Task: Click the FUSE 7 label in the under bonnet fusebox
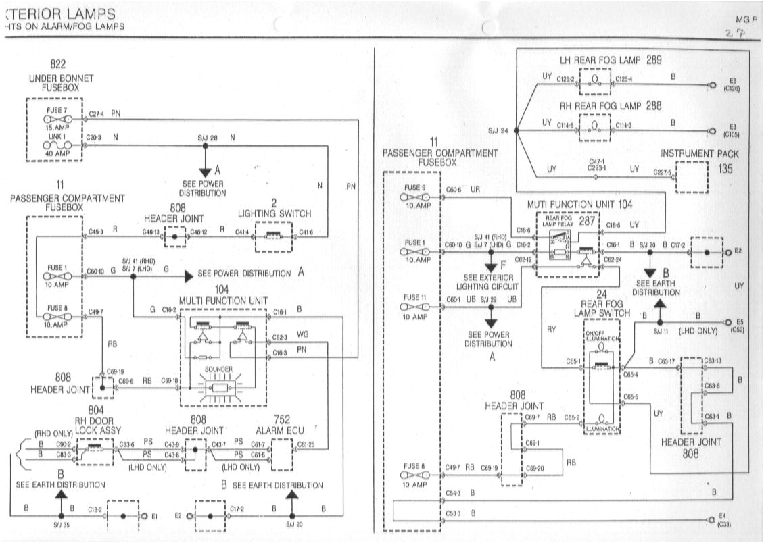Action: [x=56, y=109]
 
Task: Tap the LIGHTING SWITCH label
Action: [x=274, y=213]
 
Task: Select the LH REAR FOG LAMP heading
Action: [x=610, y=60]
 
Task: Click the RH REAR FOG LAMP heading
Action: [x=610, y=106]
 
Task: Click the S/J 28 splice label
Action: [x=208, y=138]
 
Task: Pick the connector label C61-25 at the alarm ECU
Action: [x=306, y=444]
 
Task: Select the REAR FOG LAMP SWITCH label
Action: [x=602, y=308]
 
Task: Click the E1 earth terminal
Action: [x=144, y=516]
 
